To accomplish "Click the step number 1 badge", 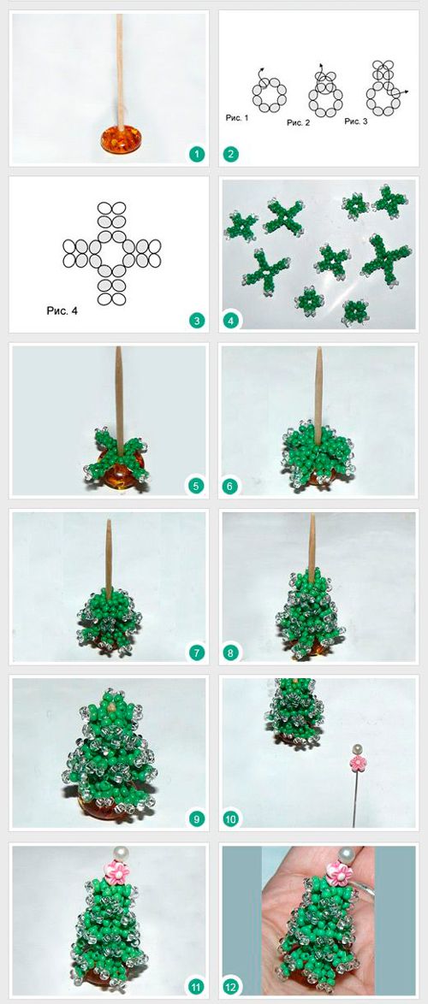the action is tap(198, 154).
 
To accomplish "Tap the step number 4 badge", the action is tap(230, 320).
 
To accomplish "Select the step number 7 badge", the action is tap(195, 653).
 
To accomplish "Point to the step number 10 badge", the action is tap(230, 818).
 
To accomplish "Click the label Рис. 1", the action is tap(236, 119).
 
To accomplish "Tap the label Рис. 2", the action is tap(298, 122).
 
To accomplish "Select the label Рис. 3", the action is tap(355, 121).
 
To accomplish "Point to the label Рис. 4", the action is tap(62, 311).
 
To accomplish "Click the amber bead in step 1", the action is tap(122, 139).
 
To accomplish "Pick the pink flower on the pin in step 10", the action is tap(357, 762).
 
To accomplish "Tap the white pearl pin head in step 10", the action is tap(357, 748).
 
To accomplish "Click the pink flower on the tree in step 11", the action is tap(117, 872).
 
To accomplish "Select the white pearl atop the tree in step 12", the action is tap(348, 854).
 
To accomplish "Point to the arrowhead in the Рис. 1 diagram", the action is tap(261, 70).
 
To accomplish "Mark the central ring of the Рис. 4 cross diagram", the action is tap(112, 253).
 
